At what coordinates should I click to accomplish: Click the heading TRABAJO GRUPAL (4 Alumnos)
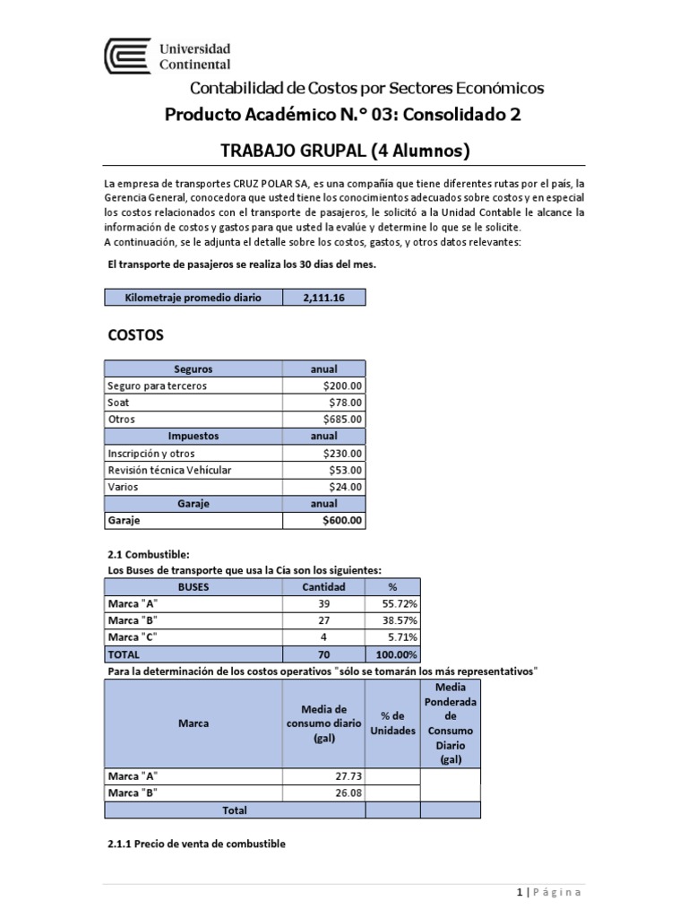pyautogui.click(x=345, y=151)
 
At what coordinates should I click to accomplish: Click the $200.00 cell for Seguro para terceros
pyautogui.click(x=343, y=385)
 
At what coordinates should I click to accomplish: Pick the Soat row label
pyautogui.click(x=118, y=403)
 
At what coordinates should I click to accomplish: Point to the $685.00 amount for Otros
pyautogui.click(x=343, y=419)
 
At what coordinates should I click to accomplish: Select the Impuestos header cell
pyautogui.click(x=193, y=436)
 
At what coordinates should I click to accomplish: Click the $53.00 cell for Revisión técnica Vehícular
pyautogui.click(x=346, y=470)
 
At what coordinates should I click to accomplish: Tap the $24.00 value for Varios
pyautogui.click(x=346, y=487)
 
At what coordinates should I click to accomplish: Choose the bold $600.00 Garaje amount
pyautogui.click(x=343, y=520)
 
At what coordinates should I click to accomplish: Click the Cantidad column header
pyautogui.click(x=323, y=586)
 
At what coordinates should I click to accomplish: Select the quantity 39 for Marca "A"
pyautogui.click(x=323, y=603)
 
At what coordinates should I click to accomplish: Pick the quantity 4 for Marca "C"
pyautogui.click(x=323, y=637)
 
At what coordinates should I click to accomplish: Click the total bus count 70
pyautogui.click(x=323, y=654)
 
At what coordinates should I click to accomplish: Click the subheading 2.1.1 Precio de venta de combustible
pyautogui.click(x=195, y=844)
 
